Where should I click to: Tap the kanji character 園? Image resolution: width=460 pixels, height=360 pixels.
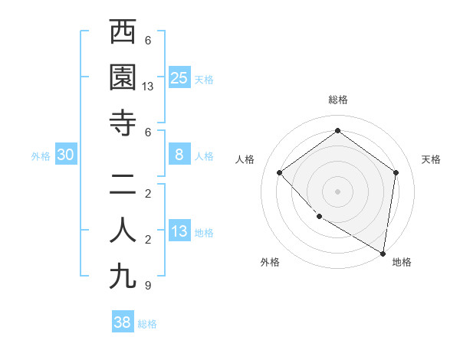[x=123, y=77]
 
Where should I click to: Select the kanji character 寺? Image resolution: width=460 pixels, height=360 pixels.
[x=123, y=123]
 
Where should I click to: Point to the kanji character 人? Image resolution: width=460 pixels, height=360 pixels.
[x=123, y=231]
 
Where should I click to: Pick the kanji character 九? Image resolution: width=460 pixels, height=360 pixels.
[x=123, y=276]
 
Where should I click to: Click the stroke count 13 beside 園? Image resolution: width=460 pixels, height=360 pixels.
[x=149, y=87]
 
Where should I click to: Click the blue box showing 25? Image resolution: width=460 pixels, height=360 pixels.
[x=179, y=78]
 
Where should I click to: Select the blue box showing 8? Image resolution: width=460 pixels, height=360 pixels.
[x=179, y=155]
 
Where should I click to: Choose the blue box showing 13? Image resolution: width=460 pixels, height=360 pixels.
[x=179, y=231]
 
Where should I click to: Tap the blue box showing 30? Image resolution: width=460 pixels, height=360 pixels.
[x=66, y=155]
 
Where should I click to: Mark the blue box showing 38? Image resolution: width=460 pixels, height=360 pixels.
[x=122, y=322]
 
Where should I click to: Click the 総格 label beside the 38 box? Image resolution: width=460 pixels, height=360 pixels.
[x=147, y=324]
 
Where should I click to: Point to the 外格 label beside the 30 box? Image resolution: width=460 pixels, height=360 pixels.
[x=41, y=156]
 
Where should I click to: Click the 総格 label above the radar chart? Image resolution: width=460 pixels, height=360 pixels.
[x=338, y=100]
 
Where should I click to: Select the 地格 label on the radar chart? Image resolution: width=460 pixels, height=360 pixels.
[x=402, y=262]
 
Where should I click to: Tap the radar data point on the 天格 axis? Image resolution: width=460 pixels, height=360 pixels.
[x=396, y=172]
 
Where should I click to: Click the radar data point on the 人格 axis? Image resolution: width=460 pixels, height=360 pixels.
[x=280, y=172]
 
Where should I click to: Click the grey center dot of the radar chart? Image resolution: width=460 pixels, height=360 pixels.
[x=337, y=191]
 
